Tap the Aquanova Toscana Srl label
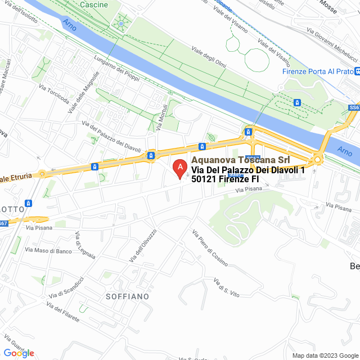(237, 160)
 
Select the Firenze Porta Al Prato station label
(318, 71)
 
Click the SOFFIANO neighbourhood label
(128, 296)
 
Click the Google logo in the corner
(19, 353)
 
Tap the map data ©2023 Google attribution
(325, 355)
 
